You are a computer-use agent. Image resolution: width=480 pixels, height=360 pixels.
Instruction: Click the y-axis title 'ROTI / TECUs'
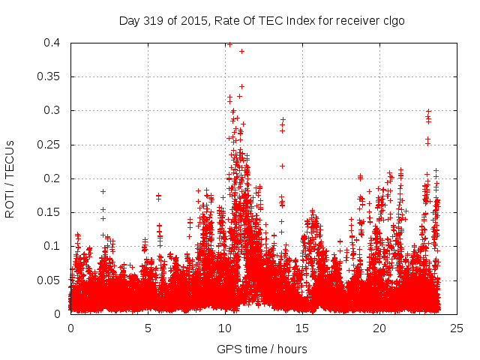point(10,178)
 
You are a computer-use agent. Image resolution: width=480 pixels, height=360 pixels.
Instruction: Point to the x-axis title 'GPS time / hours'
point(262,349)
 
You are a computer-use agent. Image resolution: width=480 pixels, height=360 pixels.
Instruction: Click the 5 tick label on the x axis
point(148,328)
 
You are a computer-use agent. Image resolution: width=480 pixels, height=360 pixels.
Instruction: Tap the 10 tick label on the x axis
point(225,328)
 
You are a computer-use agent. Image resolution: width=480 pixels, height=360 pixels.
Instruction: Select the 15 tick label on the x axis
point(302,328)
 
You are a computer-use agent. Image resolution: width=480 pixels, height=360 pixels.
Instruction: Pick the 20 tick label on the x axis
point(379,328)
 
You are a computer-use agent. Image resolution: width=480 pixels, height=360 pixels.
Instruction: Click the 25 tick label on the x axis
point(457,328)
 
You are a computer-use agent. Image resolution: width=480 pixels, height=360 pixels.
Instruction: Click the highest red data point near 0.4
point(229,44)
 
